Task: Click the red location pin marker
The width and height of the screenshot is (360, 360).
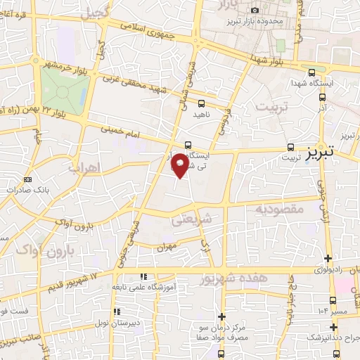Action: coord(180,165)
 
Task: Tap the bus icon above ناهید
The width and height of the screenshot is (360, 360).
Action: coord(202,104)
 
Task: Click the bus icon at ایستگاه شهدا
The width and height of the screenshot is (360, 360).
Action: coord(311,72)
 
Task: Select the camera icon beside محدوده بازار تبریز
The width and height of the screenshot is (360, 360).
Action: coord(255,9)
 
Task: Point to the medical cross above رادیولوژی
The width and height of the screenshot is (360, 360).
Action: coord(328,258)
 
